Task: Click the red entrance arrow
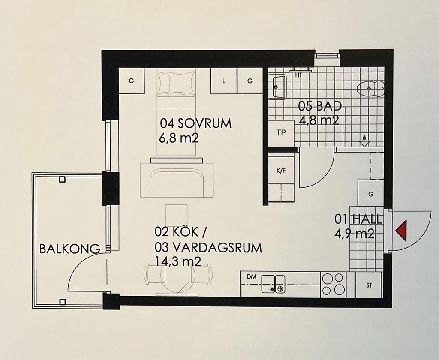click(x=402, y=230)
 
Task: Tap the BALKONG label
click(x=70, y=249)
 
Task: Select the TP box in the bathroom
click(x=281, y=133)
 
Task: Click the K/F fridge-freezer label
click(x=281, y=171)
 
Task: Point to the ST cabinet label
click(x=369, y=285)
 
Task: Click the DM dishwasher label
click(x=251, y=277)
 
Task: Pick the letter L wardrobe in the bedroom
click(x=224, y=81)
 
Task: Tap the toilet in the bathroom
click(x=370, y=89)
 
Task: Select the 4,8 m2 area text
click(x=319, y=120)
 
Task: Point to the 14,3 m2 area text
click(x=178, y=261)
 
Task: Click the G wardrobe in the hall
click(x=371, y=194)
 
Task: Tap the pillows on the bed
click(x=176, y=83)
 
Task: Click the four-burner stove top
click(x=333, y=284)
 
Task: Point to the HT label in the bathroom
click(x=298, y=75)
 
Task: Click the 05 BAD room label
click(x=320, y=106)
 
